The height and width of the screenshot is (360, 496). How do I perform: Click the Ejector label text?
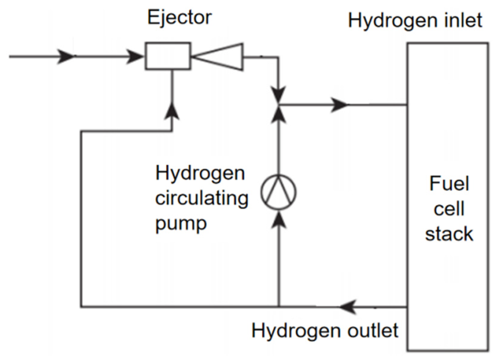179,17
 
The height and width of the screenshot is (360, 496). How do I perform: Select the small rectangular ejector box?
168,56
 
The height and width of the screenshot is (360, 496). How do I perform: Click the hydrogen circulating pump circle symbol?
278,192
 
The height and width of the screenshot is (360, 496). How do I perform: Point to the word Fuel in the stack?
449,183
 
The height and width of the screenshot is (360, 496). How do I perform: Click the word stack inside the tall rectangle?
449,234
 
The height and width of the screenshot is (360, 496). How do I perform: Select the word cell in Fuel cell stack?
449,208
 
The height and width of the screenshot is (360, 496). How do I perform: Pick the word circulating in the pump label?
201,199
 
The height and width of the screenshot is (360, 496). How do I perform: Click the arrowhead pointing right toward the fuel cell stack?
339,105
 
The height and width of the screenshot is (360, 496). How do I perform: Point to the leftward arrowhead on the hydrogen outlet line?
348,307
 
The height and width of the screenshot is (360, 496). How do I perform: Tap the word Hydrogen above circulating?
200,174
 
